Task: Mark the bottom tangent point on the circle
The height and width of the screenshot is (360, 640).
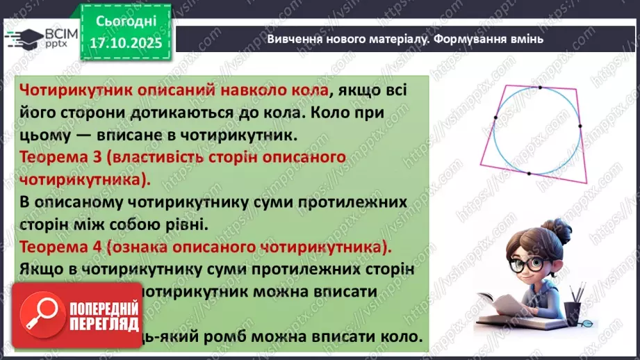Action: click(530, 174)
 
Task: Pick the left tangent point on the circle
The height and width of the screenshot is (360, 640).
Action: click(495, 118)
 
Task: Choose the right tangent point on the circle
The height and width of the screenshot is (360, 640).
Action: click(580, 126)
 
